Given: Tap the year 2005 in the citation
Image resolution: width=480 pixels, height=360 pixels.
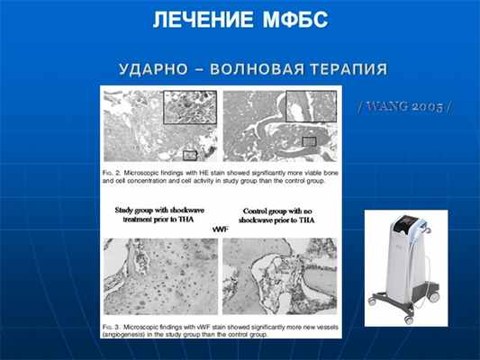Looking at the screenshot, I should coord(429,105).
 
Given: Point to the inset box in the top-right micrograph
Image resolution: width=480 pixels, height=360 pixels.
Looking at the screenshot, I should coord(310,106).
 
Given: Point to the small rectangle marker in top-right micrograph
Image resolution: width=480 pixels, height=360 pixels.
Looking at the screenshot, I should coord(309,140).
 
